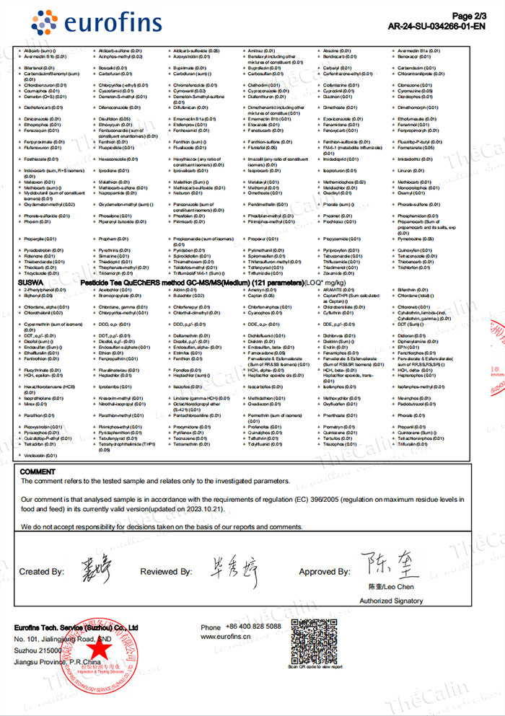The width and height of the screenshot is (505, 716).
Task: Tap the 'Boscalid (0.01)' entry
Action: click(x=113, y=68)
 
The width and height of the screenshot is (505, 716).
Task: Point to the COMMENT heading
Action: click(x=38, y=472)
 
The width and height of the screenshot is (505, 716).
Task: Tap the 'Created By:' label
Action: click(x=42, y=571)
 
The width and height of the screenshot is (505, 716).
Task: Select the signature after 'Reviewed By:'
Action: click(x=231, y=569)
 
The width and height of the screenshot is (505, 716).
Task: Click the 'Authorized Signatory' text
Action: click(x=391, y=601)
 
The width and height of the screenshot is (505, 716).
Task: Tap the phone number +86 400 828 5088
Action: click(x=252, y=627)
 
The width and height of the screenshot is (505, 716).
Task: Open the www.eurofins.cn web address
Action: click(x=230, y=637)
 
